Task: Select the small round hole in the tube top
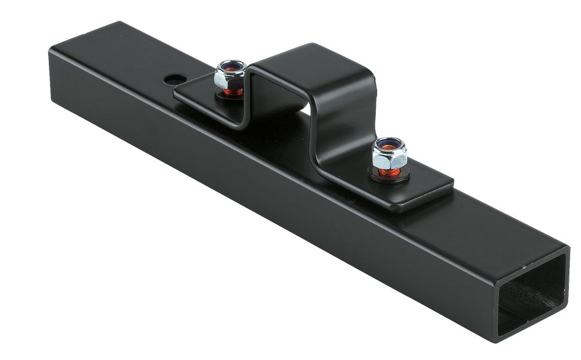[x=174, y=78]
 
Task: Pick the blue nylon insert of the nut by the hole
[x=231, y=65]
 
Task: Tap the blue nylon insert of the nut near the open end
[x=387, y=143]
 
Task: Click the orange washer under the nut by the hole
[x=232, y=91]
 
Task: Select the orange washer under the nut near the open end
[x=388, y=171]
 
